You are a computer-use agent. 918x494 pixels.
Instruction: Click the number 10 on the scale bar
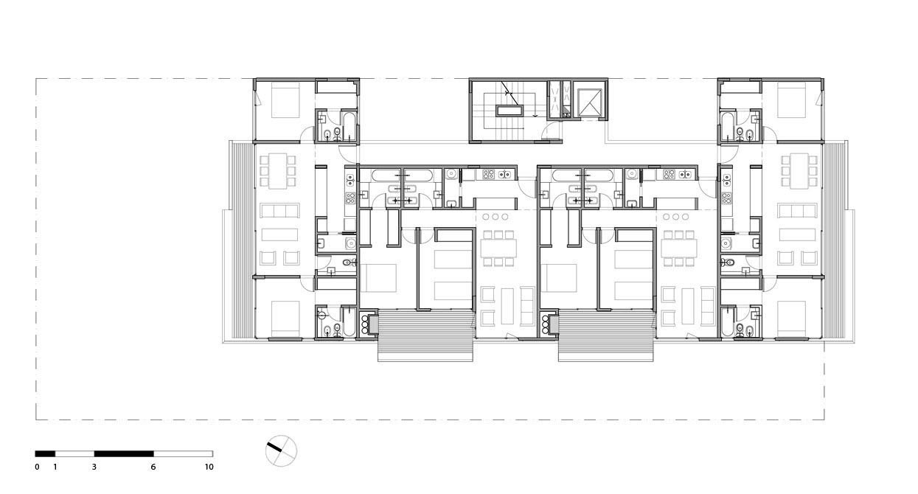click(209, 467)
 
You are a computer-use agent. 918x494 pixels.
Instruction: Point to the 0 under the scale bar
click(37, 467)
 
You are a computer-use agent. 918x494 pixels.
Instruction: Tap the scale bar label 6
click(153, 467)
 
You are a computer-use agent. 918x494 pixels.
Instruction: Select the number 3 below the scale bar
click(94, 467)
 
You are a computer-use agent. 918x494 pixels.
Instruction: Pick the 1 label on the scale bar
click(55, 467)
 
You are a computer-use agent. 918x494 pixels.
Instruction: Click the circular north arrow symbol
click(281, 451)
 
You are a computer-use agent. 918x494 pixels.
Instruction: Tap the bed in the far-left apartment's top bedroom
click(285, 100)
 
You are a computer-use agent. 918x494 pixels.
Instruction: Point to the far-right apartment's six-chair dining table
click(800, 170)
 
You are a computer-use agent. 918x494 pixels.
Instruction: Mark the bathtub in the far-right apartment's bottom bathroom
click(729, 322)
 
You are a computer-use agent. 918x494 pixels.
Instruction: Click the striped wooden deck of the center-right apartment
click(606, 335)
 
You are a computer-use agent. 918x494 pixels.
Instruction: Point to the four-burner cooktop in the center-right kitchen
click(670, 175)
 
